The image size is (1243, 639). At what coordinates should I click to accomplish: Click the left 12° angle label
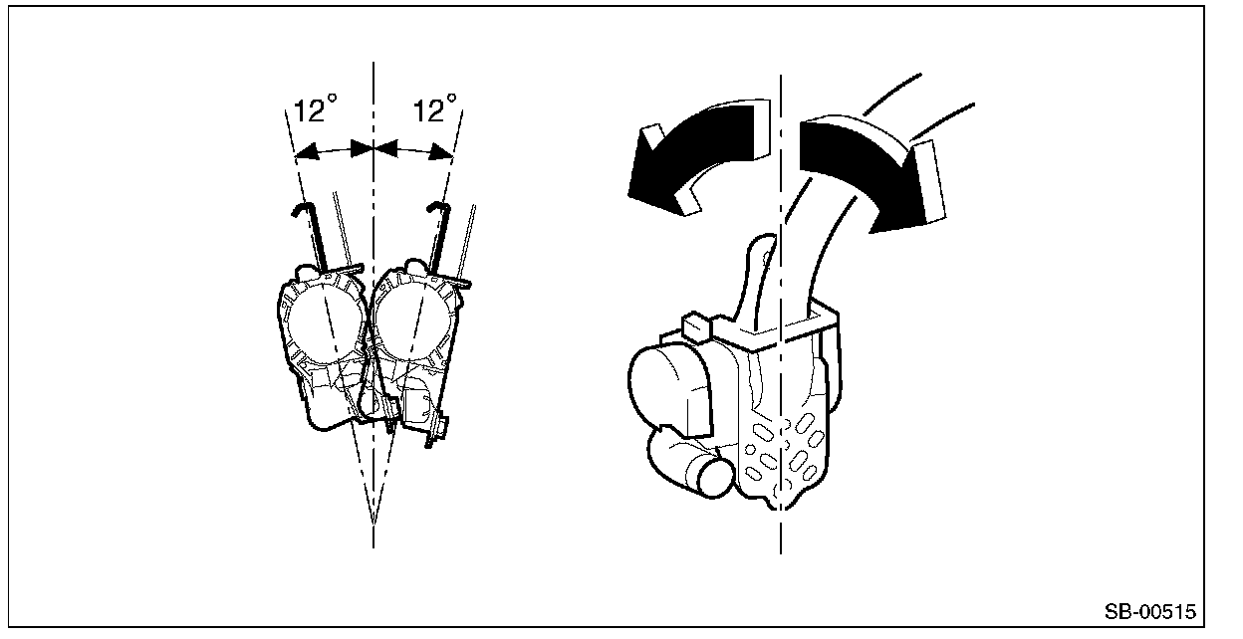[316, 109]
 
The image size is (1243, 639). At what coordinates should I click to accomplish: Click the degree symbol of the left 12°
[334, 99]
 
